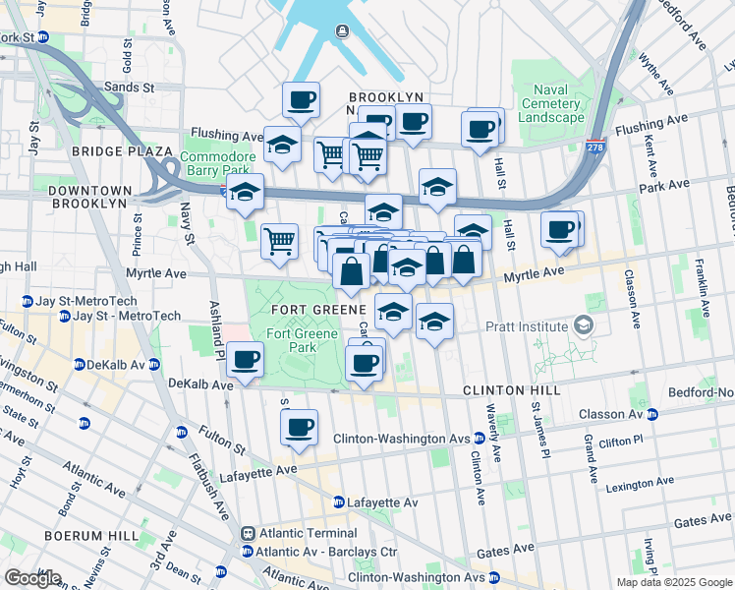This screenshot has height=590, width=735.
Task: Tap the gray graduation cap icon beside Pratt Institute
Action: tap(584, 325)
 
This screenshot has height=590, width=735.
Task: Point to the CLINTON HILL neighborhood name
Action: tap(512, 390)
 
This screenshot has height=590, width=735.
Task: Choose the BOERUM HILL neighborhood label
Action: tap(82, 535)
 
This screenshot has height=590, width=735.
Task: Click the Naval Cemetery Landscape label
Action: tap(552, 103)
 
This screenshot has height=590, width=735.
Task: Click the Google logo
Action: tap(32, 578)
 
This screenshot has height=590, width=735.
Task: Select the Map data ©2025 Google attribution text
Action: tap(673, 582)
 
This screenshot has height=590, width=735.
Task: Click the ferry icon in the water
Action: tap(341, 30)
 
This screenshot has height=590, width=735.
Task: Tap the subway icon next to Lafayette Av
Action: tap(339, 502)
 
